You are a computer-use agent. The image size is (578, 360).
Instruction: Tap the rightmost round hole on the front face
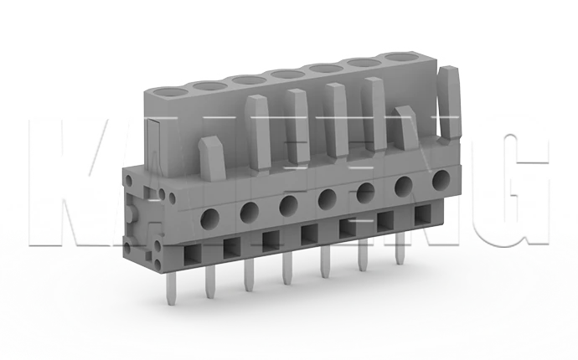click(x=441, y=178)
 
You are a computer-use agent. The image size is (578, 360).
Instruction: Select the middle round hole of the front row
click(x=328, y=198)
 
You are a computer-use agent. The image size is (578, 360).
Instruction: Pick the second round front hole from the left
click(x=250, y=213)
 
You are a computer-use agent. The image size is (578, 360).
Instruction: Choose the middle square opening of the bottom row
click(x=309, y=233)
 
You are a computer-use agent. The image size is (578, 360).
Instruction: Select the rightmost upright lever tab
click(x=450, y=100)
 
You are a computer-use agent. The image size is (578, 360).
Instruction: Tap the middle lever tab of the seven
click(x=337, y=117)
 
